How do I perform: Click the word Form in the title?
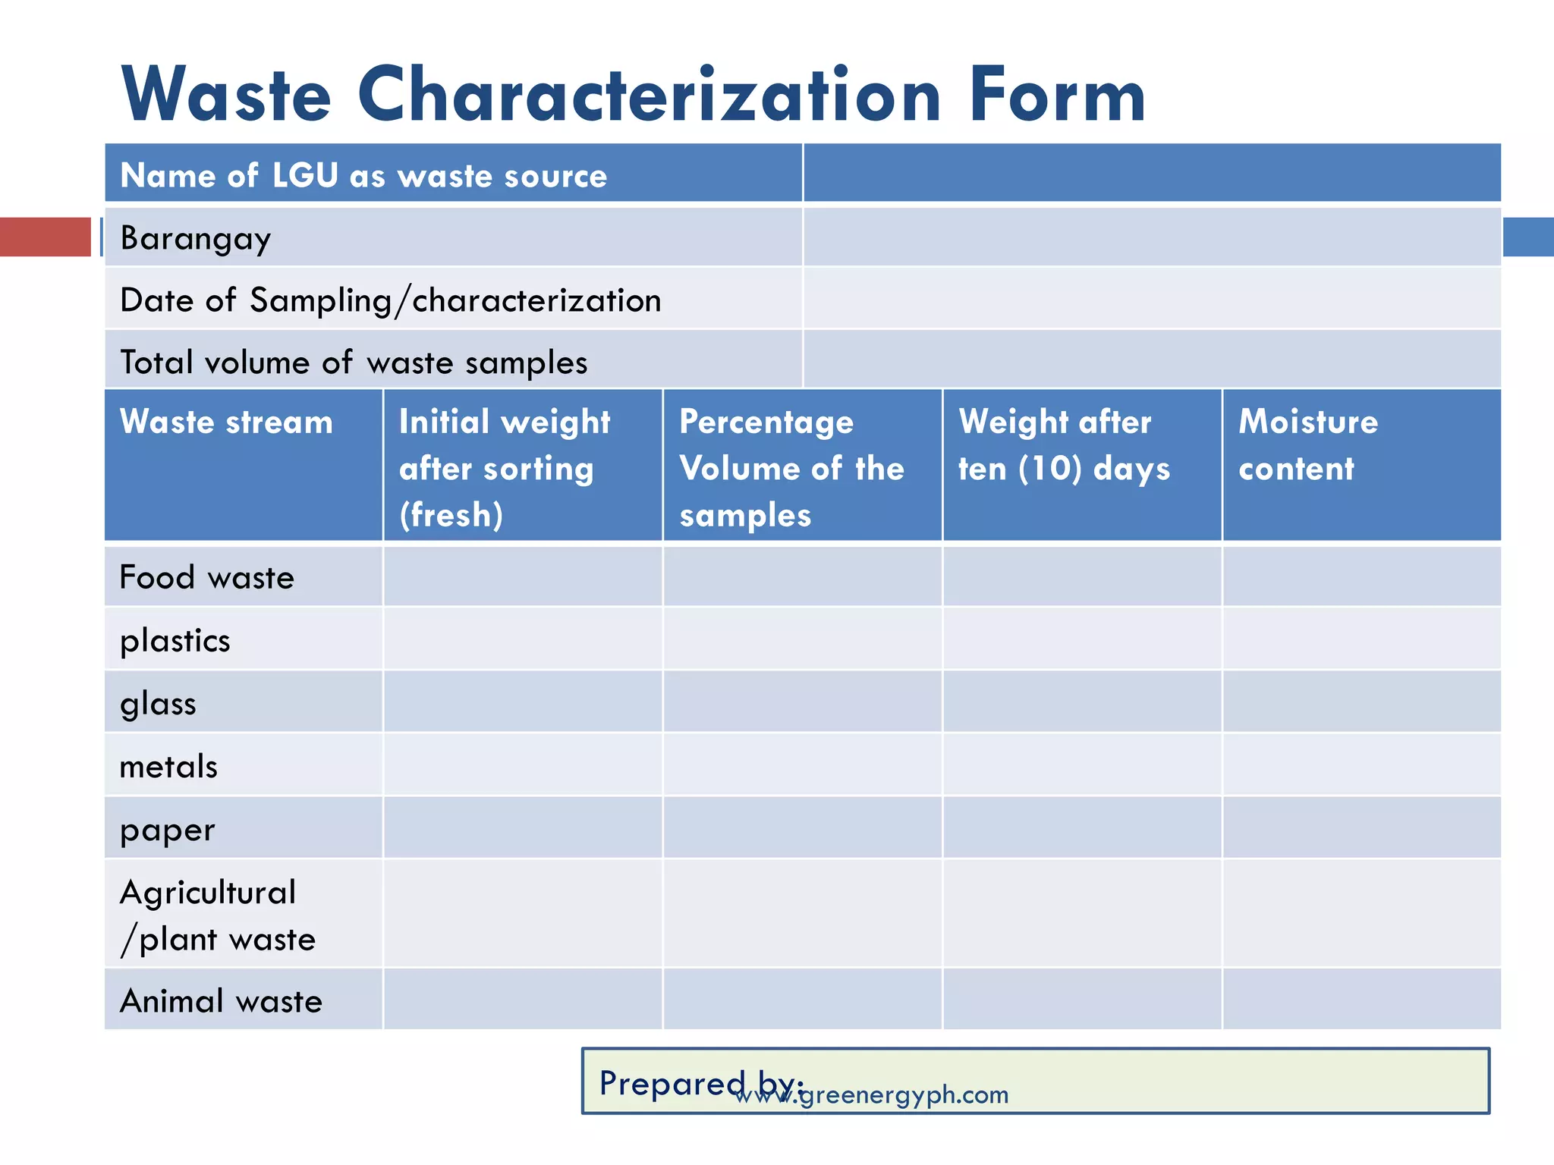click(x=1058, y=96)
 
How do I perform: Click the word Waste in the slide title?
click(x=226, y=96)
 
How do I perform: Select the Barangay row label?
click(x=196, y=238)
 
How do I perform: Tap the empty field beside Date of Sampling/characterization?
click(x=1152, y=300)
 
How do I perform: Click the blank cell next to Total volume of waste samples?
click(x=1152, y=361)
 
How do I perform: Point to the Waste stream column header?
click(x=226, y=422)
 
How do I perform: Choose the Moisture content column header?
click(x=1308, y=445)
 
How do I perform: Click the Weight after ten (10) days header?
click(x=1064, y=445)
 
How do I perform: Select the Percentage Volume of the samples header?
click(x=791, y=468)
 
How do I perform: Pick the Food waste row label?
click(x=206, y=578)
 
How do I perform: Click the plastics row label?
click(x=175, y=641)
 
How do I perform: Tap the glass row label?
click(x=158, y=704)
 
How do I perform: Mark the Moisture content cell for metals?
click(x=1361, y=765)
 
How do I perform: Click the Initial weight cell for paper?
click(x=523, y=828)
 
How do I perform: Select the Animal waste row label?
click(x=221, y=1001)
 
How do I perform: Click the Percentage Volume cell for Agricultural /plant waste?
click(x=802, y=914)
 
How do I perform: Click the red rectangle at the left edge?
click(x=45, y=237)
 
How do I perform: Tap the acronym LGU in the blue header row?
click(x=305, y=176)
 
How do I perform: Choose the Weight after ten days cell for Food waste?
click(x=1082, y=578)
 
